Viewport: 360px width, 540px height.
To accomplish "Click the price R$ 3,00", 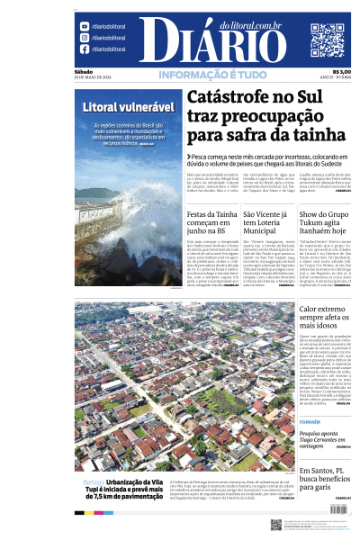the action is (342, 72).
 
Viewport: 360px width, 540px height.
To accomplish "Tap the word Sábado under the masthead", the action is (83, 72).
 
